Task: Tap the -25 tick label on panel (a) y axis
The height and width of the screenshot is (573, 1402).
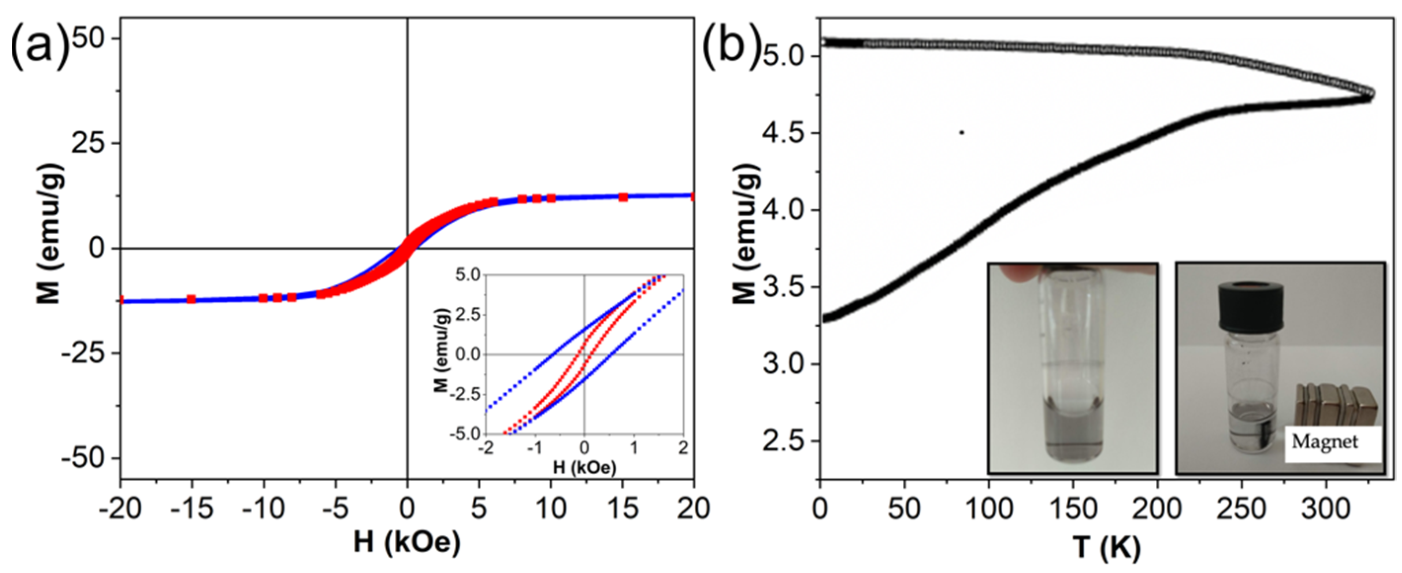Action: (84, 353)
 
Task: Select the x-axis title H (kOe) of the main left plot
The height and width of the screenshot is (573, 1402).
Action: (407, 542)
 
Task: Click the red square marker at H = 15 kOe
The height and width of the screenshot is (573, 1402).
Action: (623, 197)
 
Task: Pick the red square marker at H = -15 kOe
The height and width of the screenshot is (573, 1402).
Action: (191, 299)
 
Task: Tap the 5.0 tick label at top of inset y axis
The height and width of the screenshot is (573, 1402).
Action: (466, 275)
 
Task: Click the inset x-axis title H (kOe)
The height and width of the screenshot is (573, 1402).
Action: (584, 466)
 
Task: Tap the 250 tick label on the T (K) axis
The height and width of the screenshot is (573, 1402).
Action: (1241, 509)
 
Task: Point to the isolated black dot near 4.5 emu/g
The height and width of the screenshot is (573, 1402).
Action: (962, 132)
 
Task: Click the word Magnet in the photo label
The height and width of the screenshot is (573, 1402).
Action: (1325, 442)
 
